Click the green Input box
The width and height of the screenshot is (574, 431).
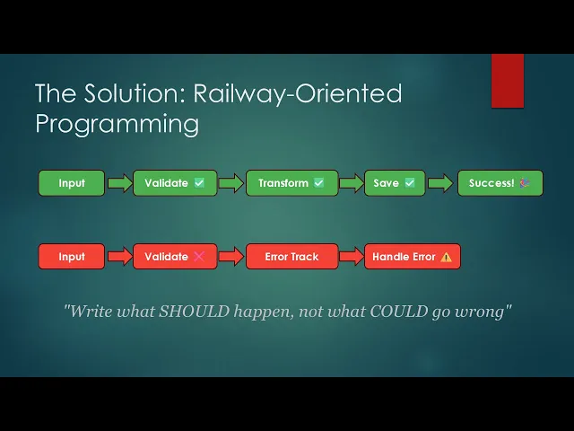coord(72,183)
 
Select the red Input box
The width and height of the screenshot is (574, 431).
coord(72,257)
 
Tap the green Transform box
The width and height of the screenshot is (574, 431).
coord(291,183)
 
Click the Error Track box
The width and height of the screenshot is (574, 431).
coord(291,257)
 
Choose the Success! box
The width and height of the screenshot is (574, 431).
coord(500,183)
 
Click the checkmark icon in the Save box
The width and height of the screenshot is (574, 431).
coord(410,182)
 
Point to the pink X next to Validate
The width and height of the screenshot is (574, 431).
coord(199,256)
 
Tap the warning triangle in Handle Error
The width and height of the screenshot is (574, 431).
coord(446,257)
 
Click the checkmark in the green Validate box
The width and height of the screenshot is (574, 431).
coord(199,182)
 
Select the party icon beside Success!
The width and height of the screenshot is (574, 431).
coord(525,182)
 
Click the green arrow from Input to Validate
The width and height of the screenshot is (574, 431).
coord(119,183)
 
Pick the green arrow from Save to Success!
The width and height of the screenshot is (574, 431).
coord(440,183)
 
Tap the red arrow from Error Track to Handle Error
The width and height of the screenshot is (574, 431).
coord(352,256)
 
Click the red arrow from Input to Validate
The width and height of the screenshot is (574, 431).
coord(119,256)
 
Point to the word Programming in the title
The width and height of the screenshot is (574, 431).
coord(117,124)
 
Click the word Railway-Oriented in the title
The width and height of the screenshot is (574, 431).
coord(297,93)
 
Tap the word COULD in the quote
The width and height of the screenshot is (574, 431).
coord(398,312)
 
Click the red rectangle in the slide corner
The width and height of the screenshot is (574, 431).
coord(508,81)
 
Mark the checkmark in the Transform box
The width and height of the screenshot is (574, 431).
coord(319,182)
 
